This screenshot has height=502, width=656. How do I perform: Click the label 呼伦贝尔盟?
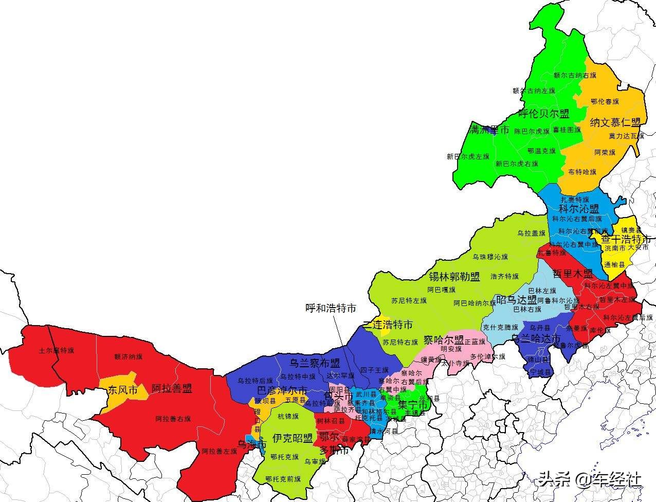click(x=543, y=114)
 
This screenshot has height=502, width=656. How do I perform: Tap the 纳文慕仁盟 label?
click(x=615, y=122)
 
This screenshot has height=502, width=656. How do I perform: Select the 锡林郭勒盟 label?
click(x=454, y=277)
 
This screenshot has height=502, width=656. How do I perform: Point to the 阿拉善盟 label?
click(x=172, y=388)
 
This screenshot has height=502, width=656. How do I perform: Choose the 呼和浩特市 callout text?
click(x=331, y=308)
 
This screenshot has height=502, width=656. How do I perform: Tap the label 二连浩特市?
click(x=388, y=325)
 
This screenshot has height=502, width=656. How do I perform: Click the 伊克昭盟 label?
click(x=293, y=438)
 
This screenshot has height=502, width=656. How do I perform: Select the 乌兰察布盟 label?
click(x=315, y=363)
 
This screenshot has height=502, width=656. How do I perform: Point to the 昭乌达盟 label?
click(x=516, y=300)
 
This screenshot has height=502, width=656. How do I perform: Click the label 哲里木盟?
click(x=573, y=273)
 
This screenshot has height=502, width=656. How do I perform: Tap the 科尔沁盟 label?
click(x=579, y=209)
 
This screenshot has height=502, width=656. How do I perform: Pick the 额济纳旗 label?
click(x=129, y=356)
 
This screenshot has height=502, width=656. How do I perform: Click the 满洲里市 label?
click(x=490, y=130)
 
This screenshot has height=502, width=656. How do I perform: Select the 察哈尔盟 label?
click(x=444, y=340)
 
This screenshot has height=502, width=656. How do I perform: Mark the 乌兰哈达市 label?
click(x=536, y=338)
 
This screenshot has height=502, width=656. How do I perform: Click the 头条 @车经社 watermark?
click(x=590, y=479)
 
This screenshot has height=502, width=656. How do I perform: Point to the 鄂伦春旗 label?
click(x=605, y=101)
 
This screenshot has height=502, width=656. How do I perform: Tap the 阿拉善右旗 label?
click(x=173, y=419)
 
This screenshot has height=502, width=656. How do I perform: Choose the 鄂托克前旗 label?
click(x=283, y=479)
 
